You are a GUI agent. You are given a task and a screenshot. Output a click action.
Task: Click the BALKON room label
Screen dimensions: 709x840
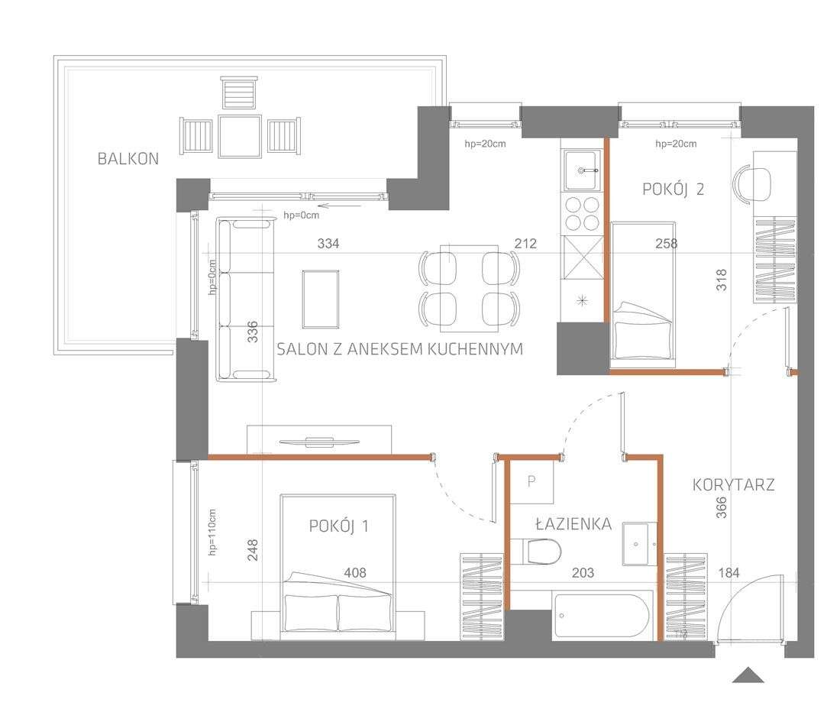tap(128, 159)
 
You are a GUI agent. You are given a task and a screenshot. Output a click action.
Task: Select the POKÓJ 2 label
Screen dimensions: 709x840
tap(673, 189)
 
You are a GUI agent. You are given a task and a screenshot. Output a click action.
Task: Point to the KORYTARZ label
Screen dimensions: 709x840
tap(734, 484)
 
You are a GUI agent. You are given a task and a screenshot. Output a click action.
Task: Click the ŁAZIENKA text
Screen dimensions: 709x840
tap(573, 524)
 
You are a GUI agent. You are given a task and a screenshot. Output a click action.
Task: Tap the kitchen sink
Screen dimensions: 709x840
tap(583, 170)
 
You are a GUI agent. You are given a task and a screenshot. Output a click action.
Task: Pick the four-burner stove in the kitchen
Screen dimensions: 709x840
tap(583, 214)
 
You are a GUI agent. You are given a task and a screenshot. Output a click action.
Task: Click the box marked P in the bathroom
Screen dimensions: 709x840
tap(532, 483)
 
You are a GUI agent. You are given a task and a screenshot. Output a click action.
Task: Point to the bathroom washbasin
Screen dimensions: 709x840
tap(639, 543)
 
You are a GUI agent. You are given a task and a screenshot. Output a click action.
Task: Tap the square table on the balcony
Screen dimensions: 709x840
tap(240, 136)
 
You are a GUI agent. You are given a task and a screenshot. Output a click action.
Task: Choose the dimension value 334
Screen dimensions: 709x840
tap(328, 244)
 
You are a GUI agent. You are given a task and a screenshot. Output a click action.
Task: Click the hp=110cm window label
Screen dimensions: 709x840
tap(212, 533)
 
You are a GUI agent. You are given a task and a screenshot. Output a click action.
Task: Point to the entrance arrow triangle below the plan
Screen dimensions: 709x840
tap(748, 675)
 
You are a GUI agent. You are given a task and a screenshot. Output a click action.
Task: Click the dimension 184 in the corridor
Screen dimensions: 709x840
tap(729, 572)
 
